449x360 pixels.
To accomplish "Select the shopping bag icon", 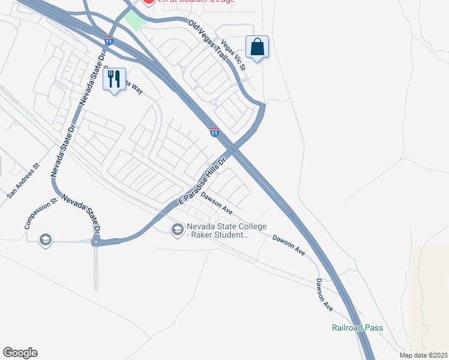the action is [x=257, y=47].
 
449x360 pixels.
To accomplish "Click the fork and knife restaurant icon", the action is [x=114, y=79].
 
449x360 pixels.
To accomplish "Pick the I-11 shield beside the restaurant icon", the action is [x=109, y=41].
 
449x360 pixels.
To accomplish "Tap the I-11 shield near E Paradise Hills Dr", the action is [x=214, y=132].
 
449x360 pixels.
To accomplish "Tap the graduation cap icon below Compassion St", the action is [x=45, y=241].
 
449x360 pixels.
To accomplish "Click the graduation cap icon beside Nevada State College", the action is [x=177, y=230].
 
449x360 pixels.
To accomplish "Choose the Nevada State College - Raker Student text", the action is [x=217, y=230].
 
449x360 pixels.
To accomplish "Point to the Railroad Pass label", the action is [x=357, y=328].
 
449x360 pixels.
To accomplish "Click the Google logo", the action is [x=20, y=353].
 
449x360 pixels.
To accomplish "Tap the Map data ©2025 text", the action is [x=423, y=355].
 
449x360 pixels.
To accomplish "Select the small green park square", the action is [x=136, y=20].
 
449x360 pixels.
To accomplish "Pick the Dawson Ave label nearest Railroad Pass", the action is [x=324, y=295].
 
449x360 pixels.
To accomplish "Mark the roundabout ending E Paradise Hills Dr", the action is [x=95, y=242].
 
